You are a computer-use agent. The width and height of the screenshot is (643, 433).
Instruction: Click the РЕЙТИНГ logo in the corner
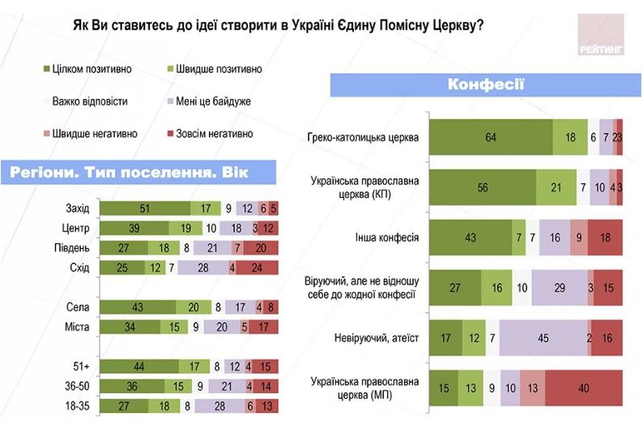point(601,36)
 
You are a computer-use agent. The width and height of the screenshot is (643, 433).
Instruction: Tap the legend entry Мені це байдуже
point(213,101)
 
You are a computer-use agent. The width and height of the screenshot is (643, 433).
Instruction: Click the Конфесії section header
point(486,84)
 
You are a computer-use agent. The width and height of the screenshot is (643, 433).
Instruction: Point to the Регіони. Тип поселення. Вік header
point(130,173)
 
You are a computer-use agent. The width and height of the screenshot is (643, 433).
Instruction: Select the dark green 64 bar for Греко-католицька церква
point(490,137)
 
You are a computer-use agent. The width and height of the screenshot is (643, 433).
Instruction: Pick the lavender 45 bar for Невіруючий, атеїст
point(543,337)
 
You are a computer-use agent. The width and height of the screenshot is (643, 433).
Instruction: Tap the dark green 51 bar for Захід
point(144,208)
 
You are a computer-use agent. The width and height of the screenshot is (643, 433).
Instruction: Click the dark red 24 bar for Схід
point(258,268)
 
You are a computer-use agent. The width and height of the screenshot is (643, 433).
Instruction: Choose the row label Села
point(79,307)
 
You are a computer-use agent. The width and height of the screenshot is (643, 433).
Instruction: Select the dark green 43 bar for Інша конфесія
point(470,238)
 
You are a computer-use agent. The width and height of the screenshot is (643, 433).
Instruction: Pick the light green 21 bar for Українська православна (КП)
point(556,186)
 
